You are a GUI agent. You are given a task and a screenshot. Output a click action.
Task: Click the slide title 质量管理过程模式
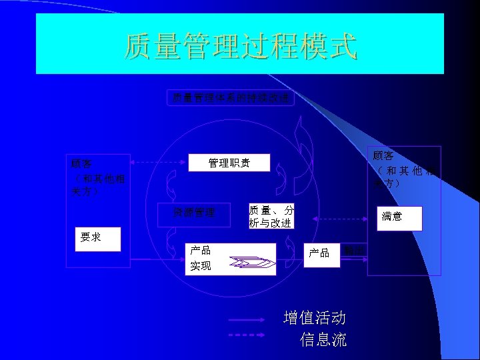pos(240,47)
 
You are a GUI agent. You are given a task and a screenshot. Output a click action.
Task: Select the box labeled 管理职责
pos(229,163)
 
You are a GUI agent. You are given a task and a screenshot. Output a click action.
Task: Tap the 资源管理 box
pos(195,213)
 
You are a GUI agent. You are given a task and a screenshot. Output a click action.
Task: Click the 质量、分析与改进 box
pos(271,216)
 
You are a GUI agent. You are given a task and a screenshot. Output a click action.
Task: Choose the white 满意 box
pos(399,217)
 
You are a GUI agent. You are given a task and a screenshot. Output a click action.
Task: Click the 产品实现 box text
pos(201,258)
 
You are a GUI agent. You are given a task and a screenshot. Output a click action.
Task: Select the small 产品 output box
pos(319,253)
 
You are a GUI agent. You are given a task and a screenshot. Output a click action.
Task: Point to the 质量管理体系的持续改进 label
pos(231,98)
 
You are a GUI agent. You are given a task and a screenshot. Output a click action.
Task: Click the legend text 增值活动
pos(314,317)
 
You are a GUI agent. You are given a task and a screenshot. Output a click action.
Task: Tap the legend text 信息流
pos(323,340)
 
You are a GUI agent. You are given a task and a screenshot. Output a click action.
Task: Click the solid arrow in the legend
pos(251,320)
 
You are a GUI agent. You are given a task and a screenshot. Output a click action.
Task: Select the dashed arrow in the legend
pos(251,335)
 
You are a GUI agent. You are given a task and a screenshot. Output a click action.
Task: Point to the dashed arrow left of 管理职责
pos(156,162)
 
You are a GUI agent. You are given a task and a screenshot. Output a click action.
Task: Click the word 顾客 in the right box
pos(384,156)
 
